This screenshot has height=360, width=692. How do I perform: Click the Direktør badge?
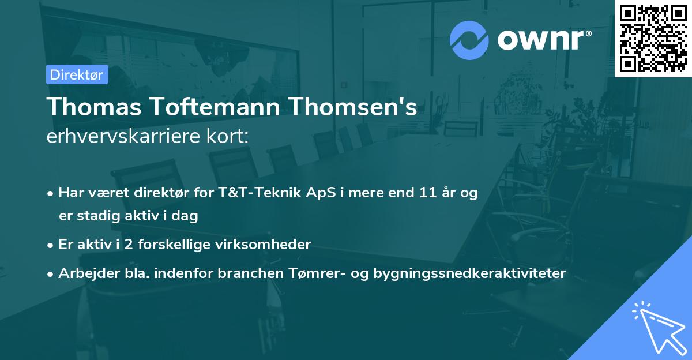(77, 74)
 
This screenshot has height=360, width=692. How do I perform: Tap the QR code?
(653, 39)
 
